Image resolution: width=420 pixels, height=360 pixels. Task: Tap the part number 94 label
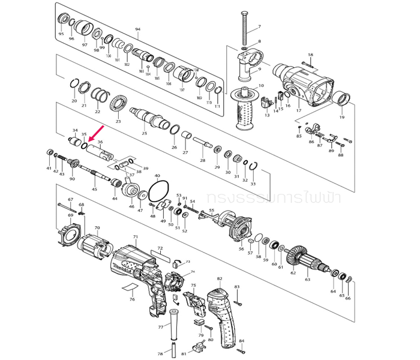[x=137, y=29]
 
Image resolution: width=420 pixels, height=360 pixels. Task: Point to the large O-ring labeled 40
[x=158, y=190]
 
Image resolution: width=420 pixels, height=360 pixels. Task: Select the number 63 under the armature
[x=308, y=280]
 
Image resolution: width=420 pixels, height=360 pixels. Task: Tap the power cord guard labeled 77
[x=173, y=326]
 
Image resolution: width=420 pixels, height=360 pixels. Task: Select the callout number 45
[x=94, y=190]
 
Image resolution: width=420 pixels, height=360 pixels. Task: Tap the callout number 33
[x=253, y=184]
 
